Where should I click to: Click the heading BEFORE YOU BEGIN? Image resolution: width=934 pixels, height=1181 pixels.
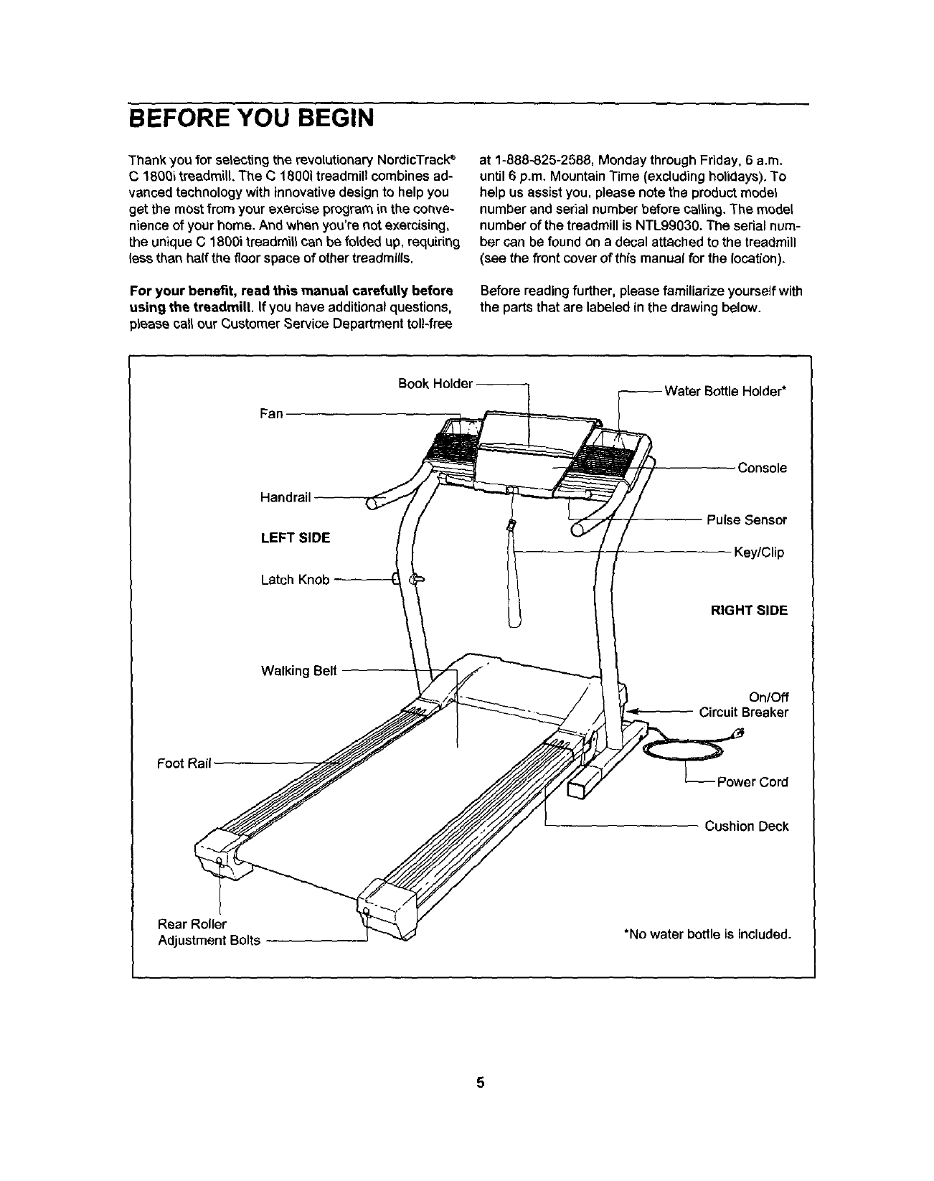coord(250,117)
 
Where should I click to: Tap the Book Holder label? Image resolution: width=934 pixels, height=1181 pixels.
coord(435,383)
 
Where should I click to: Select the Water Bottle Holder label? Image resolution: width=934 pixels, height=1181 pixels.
coord(725,392)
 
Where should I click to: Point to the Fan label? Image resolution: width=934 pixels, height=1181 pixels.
coord(271,414)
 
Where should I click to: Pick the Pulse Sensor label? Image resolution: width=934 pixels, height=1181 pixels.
coord(746,519)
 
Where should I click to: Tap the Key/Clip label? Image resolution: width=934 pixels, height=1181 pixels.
coord(758,552)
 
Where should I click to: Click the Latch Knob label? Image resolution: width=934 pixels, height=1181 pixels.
coord(295,580)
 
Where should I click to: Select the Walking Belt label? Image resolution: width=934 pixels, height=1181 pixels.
coord(298,671)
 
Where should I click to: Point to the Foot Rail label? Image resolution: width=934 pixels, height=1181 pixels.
coord(184,763)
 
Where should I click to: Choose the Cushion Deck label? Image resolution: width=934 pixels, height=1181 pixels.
coord(746,827)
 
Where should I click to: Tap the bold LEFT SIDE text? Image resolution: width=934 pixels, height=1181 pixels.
coord(295,538)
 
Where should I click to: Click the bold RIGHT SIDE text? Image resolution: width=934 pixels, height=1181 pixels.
coord(748,611)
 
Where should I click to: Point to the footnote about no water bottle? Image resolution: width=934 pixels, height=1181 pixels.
coord(707,934)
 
